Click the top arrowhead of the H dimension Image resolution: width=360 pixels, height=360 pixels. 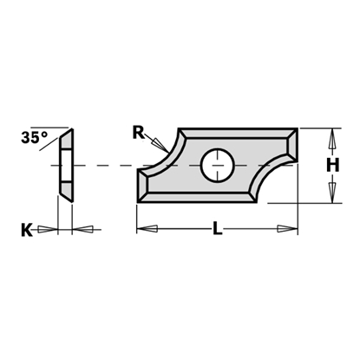pyautogui.click(x=331, y=140)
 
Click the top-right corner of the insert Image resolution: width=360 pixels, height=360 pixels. pyautogui.click(x=299, y=129)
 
